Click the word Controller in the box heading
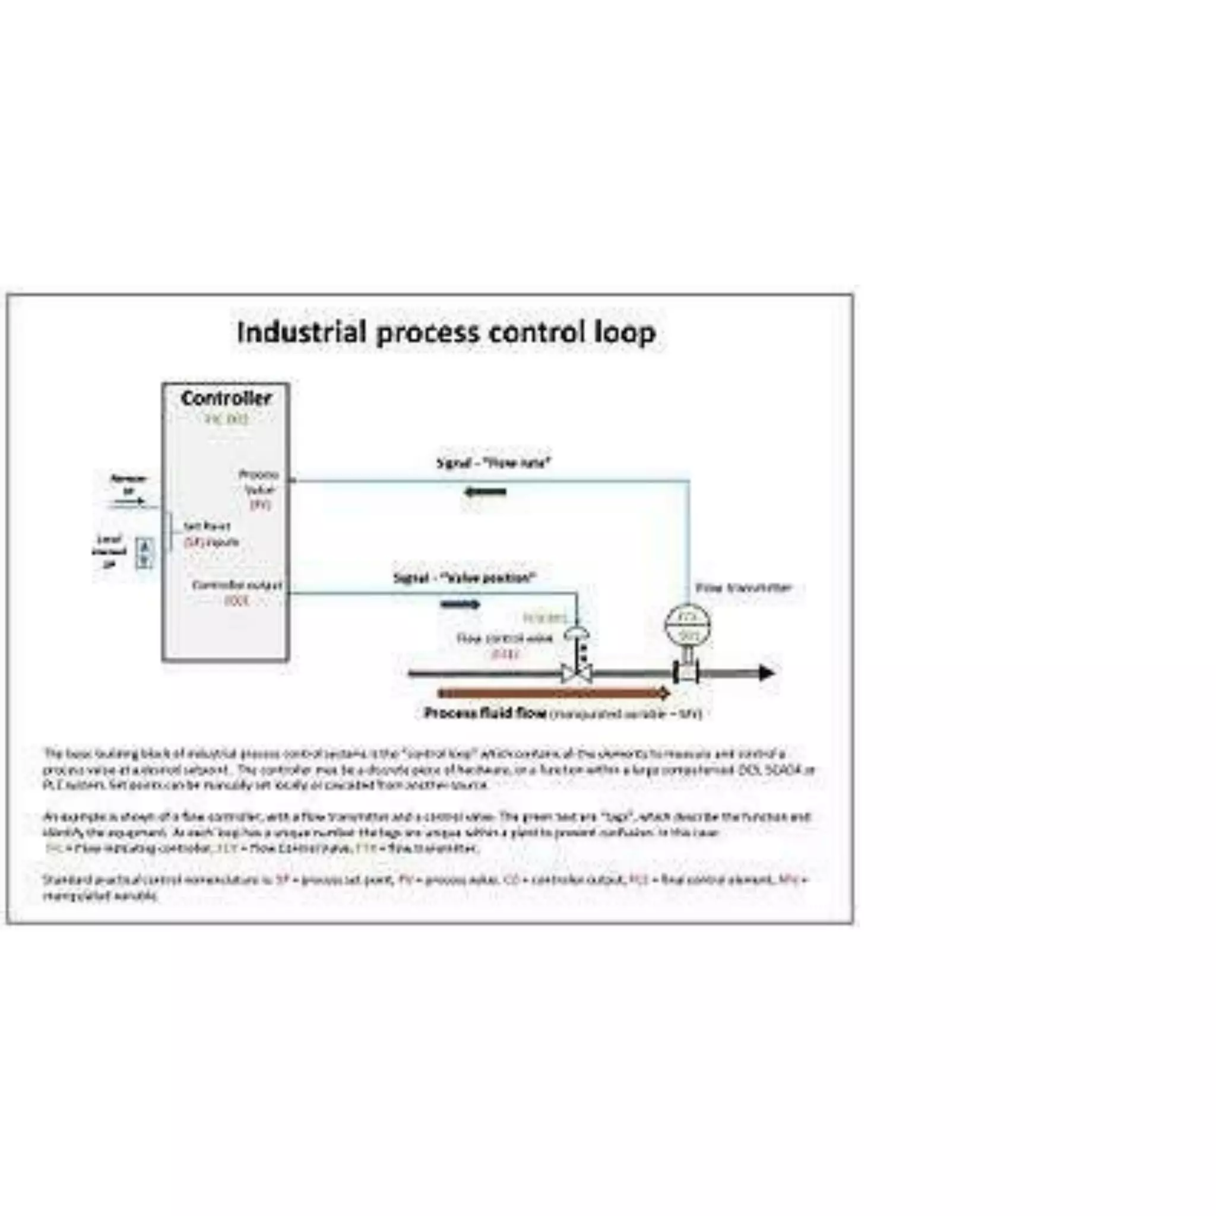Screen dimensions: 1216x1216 pyautogui.click(x=226, y=398)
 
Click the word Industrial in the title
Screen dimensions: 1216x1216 pyautogui.click(x=302, y=332)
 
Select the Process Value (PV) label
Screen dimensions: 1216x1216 pyautogui.click(x=259, y=489)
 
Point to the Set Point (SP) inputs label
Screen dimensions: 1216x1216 pyautogui.click(x=210, y=534)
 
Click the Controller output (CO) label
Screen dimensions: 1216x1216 pyautogui.click(x=237, y=592)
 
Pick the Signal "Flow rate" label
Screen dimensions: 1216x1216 pyautogui.click(x=494, y=463)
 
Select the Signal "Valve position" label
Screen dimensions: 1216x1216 pyautogui.click(x=465, y=578)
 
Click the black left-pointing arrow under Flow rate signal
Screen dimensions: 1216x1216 pyautogui.click(x=485, y=492)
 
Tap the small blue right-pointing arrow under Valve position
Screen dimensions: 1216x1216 pyautogui.click(x=461, y=605)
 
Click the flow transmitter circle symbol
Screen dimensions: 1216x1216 pyautogui.click(x=688, y=624)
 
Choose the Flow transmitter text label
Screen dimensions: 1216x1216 pyautogui.click(x=743, y=588)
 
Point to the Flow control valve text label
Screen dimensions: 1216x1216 pyautogui.click(x=505, y=639)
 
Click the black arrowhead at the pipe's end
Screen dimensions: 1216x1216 pyautogui.click(x=766, y=673)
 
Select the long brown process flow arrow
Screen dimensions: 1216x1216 pyautogui.click(x=553, y=693)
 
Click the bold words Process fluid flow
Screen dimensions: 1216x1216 pyautogui.click(x=484, y=713)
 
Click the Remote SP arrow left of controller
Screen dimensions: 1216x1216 pyautogui.click(x=128, y=502)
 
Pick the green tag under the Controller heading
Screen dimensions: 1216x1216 pyautogui.click(x=227, y=419)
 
